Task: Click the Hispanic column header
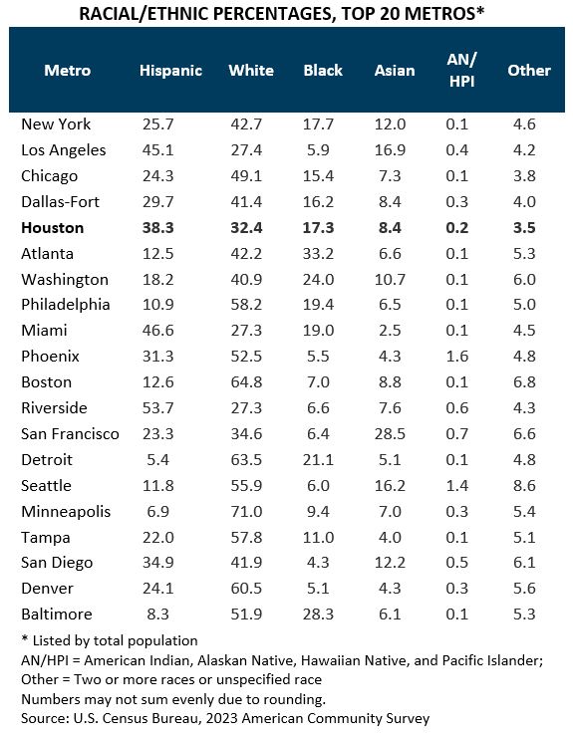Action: point(170,70)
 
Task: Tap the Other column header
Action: point(528,70)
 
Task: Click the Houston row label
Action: point(53,227)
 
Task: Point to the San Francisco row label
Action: point(70,434)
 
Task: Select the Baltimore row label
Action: point(56,615)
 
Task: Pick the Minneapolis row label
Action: point(66,512)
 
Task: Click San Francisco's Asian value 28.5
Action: point(390,434)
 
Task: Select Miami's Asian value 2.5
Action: point(390,331)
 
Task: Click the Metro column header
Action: point(68,70)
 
